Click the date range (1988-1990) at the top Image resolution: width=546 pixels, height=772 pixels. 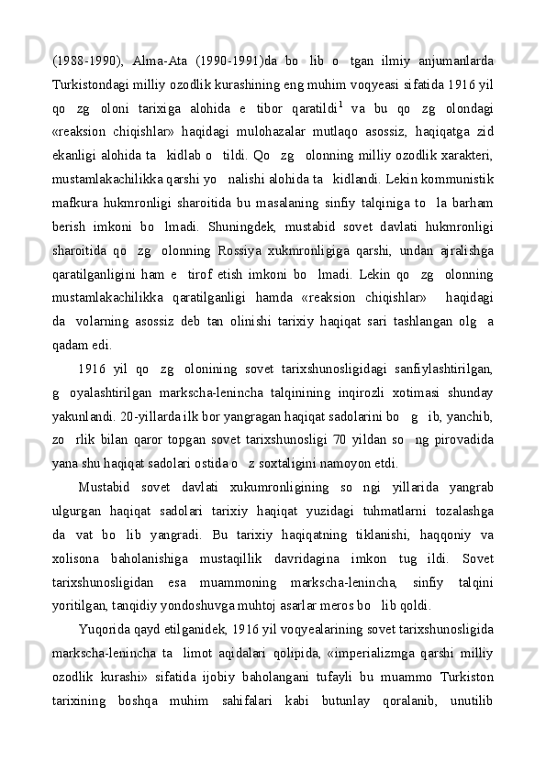(85, 62)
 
